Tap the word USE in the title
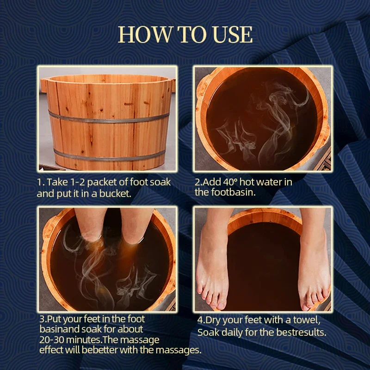[233, 35]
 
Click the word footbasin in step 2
[233, 192]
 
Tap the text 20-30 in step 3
[51, 340]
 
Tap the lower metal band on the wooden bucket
[109, 157]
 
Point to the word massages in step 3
[179, 351]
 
